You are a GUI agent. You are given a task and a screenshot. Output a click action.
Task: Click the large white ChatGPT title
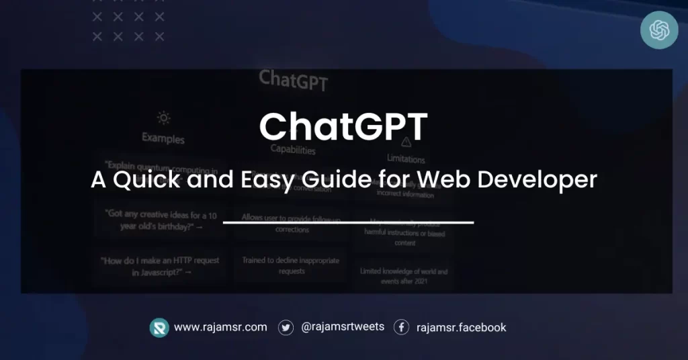(343, 127)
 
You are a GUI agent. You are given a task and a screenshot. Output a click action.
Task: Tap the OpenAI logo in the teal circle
(658, 30)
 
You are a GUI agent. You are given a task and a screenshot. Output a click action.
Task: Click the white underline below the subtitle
(348, 222)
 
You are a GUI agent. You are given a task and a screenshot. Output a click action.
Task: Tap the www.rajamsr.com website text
(220, 327)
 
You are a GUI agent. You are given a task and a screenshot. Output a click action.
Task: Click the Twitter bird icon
(286, 327)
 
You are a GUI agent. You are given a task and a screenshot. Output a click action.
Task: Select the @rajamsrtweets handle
(343, 327)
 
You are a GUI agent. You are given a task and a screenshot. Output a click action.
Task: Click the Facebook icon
(401, 327)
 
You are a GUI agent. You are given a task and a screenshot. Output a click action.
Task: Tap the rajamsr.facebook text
(461, 328)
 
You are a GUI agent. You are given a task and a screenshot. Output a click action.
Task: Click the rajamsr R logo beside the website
(159, 327)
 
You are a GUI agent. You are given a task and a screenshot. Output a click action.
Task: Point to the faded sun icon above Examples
(163, 118)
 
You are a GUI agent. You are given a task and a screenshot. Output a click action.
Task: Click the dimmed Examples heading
(163, 139)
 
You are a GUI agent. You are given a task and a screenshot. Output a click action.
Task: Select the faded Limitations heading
(406, 159)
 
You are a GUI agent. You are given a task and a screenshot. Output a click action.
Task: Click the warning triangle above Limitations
(406, 142)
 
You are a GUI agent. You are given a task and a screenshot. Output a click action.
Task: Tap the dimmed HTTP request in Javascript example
(160, 266)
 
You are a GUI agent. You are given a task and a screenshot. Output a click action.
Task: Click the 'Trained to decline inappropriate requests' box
(290, 265)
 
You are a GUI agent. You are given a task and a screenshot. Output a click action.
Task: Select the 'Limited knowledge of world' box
(404, 276)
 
